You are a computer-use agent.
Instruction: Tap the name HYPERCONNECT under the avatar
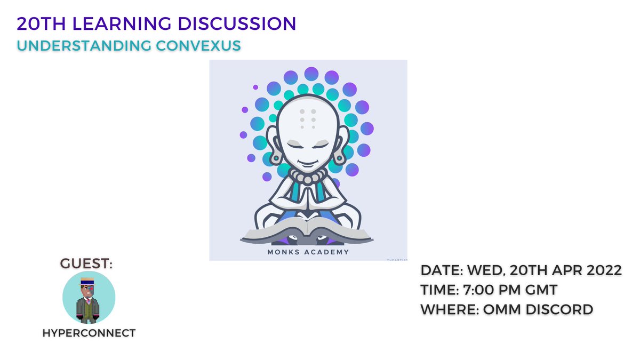tap(89, 333)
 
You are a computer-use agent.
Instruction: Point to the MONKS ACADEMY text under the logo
tap(308, 252)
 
